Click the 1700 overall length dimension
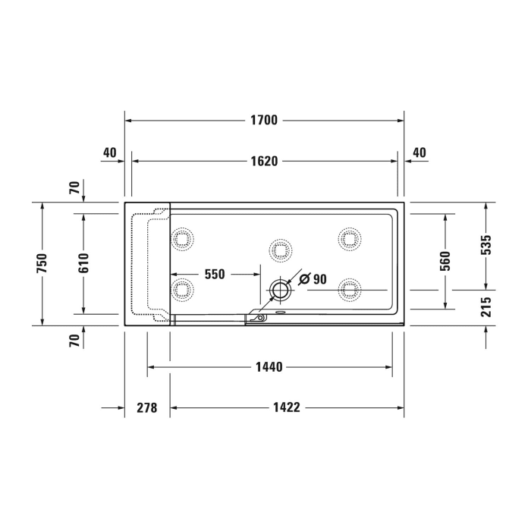pyautogui.click(x=264, y=120)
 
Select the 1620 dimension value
pyautogui.click(x=264, y=161)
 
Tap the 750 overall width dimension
pyautogui.click(x=42, y=263)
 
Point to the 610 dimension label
pyautogui.click(x=83, y=263)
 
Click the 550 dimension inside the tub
pyautogui.click(x=215, y=275)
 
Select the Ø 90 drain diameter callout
pyautogui.click(x=313, y=279)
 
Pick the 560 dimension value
pyautogui.click(x=445, y=261)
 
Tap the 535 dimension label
pyautogui.click(x=486, y=244)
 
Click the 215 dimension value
pyautogui.click(x=486, y=306)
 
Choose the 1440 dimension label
pyautogui.click(x=269, y=367)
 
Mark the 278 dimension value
pyautogui.click(x=146, y=408)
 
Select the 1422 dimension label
pyautogui.click(x=287, y=408)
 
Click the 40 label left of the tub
pyautogui.click(x=109, y=152)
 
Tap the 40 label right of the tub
pyautogui.click(x=419, y=152)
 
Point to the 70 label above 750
pyautogui.click(x=74, y=187)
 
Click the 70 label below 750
pyautogui.click(x=74, y=341)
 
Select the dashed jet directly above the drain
pyautogui.click(x=280, y=249)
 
